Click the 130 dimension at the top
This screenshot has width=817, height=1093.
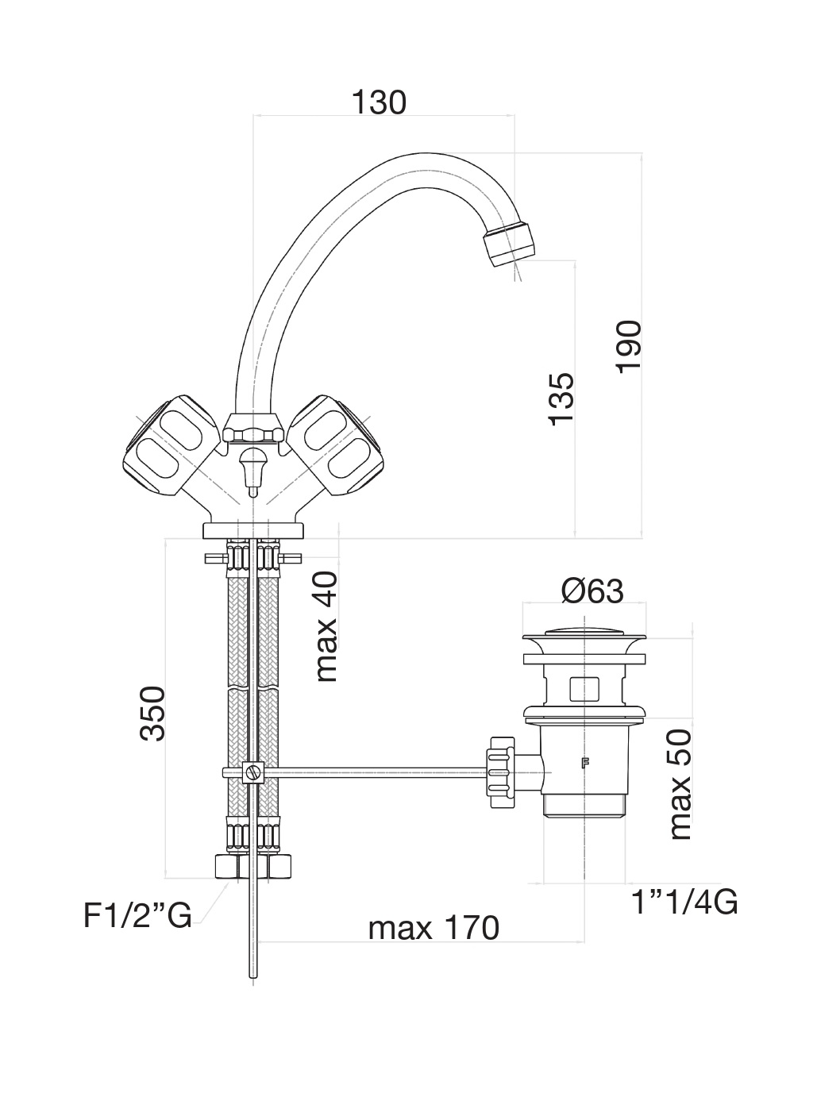click(379, 102)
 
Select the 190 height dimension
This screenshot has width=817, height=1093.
click(628, 345)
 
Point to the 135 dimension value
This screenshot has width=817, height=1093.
click(561, 398)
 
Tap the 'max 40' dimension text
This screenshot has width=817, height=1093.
click(326, 626)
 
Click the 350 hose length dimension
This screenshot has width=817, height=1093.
click(152, 713)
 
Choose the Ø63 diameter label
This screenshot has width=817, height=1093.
click(592, 591)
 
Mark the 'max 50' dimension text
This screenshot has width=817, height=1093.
click(680, 785)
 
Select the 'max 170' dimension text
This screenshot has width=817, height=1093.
click(434, 927)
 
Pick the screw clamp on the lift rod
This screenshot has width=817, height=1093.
click(253, 772)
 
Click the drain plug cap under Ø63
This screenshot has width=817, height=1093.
click(584, 634)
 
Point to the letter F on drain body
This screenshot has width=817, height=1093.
click(585, 764)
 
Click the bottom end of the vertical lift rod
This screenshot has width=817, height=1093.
click(253, 976)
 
